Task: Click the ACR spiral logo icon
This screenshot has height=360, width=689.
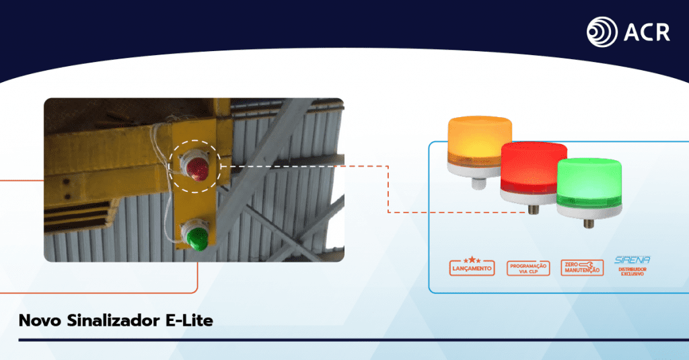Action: coord(602,32)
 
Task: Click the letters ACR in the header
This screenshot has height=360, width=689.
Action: coord(647,32)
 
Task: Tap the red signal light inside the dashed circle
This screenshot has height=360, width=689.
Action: coord(195,166)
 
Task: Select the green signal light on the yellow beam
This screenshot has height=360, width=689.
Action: coord(195,235)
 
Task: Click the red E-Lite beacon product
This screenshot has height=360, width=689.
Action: coord(534,173)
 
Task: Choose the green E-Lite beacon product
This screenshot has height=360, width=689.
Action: coord(589,188)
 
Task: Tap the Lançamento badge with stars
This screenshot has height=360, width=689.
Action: coord(472,266)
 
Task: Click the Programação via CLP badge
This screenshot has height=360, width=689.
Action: coord(528,268)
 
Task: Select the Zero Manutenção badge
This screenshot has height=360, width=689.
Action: coord(582,268)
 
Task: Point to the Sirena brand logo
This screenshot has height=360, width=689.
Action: coord(632,260)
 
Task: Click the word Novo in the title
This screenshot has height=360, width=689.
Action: coord(40,320)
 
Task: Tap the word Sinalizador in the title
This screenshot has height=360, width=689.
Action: coord(113,320)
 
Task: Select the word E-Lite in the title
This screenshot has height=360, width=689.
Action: coord(189,320)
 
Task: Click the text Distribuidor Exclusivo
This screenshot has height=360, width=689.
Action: coord(632,272)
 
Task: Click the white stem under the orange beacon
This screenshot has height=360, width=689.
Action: coord(478,183)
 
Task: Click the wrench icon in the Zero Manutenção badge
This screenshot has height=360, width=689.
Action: coord(587,264)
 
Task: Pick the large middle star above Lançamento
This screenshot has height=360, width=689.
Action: coord(472,259)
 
